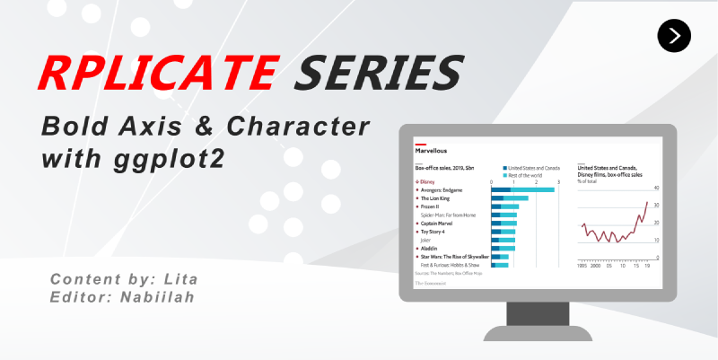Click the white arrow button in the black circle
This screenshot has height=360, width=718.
[674, 35]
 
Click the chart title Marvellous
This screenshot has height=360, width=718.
[431, 151]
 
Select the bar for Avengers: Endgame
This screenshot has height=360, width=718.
[522, 190]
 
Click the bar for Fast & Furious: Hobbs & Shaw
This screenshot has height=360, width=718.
[499, 265]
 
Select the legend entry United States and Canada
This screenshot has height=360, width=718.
[534, 168]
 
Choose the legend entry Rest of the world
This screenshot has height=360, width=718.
[527, 174]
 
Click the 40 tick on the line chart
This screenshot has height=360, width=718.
[656, 189]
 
